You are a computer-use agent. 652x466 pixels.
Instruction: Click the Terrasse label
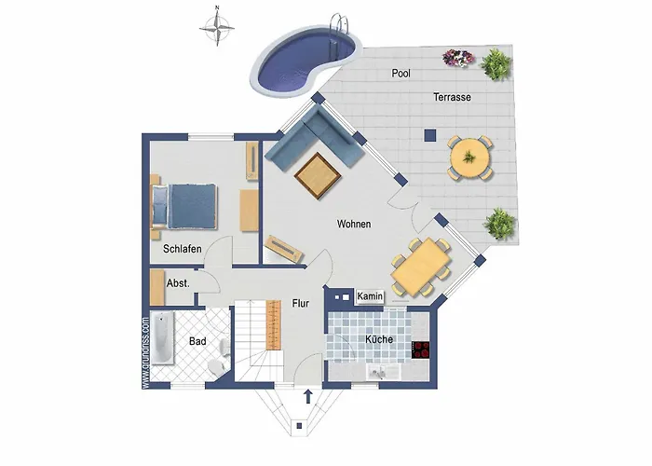tap(451, 97)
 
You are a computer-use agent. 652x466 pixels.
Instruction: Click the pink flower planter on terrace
tap(458, 58)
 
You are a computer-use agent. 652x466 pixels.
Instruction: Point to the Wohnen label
tap(354, 225)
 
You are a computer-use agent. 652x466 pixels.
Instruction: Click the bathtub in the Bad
tap(162, 339)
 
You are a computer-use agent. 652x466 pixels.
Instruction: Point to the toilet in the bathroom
tap(218, 358)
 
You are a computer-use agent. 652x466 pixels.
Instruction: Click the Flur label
tap(300, 303)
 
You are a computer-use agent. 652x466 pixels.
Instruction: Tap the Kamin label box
tap(372, 296)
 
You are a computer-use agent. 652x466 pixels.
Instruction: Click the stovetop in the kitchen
tap(422, 350)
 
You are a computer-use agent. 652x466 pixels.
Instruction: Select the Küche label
tap(379, 339)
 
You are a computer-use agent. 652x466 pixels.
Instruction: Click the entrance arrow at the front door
tap(307, 398)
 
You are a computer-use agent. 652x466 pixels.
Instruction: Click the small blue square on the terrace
tap(428, 133)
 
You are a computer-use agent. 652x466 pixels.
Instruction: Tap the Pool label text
tap(401, 73)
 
